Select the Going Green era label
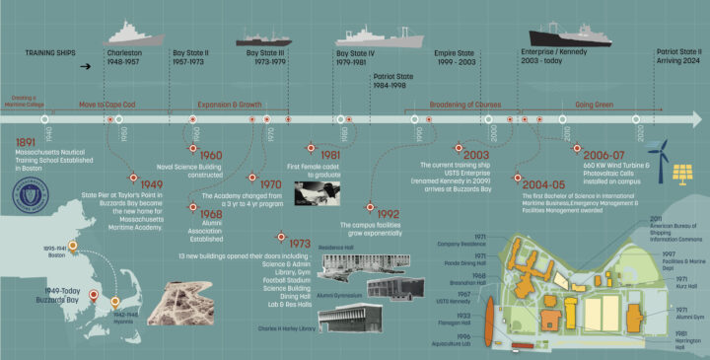coord(595,102)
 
